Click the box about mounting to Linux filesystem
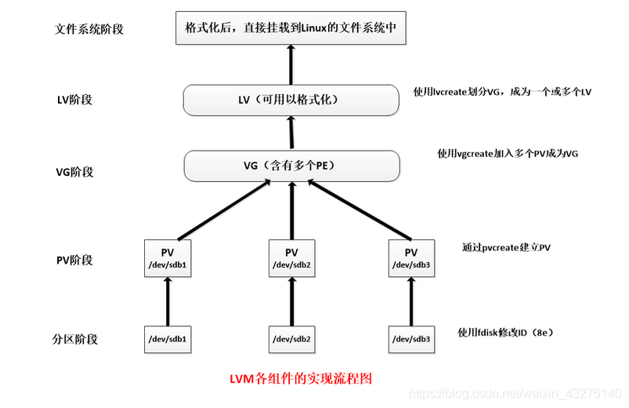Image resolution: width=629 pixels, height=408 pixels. [291, 27]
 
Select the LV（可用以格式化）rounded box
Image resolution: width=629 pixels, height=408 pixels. [291, 100]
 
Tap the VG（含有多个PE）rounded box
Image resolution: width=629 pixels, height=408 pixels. [291, 166]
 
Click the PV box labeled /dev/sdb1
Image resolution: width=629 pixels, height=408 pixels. [168, 258]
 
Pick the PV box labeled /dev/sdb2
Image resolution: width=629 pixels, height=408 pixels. [291, 258]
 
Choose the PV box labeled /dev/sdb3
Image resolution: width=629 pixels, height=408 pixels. [411, 258]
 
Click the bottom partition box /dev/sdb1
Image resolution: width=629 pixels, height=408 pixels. [168, 340]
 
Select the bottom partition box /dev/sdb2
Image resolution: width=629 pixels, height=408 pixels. [291, 340]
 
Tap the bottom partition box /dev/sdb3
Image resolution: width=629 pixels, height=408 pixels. [411, 340]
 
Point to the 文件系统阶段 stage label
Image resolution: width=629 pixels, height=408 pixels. [89, 29]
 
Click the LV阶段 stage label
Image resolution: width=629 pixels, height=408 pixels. [74, 100]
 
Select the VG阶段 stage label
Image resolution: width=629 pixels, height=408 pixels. [74, 172]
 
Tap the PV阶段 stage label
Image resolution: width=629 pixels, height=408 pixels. [74, 260]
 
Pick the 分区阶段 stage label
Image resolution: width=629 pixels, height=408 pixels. [75, 339]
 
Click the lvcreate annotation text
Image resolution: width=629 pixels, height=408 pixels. [502, 92]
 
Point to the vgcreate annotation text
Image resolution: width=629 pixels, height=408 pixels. [508, 154]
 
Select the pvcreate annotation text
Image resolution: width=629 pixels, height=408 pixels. [506, 247]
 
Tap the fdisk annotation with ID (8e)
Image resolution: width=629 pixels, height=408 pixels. [506, 333]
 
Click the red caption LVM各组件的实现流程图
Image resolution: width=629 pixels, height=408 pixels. [301, 378]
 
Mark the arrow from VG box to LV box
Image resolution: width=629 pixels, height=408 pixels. [291, 133]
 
